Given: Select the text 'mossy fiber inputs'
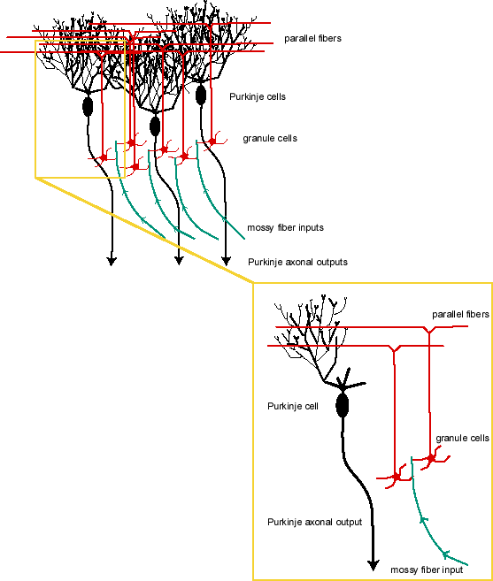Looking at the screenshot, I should click(285, 227).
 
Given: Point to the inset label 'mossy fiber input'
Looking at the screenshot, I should click(427, 570).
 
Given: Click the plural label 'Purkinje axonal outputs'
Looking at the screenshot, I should click(297, 262).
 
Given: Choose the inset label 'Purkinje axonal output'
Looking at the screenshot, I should click(314, 522).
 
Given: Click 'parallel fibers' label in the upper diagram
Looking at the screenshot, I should click(312, 39).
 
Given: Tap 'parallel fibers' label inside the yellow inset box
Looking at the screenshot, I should click(460, 314).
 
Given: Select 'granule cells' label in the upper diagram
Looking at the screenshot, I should click(270, 139).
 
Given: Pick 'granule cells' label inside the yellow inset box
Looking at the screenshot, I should click(462, 438).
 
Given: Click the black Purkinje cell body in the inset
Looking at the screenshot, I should click(343, 406).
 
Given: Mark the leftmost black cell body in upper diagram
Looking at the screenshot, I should click(88, 107).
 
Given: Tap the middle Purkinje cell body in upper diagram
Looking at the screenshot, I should click(155, 126).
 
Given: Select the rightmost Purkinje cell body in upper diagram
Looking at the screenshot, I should click(200, 94).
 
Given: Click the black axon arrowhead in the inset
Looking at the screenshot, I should click(373, 566).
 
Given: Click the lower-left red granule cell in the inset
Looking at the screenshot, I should click(396, 478).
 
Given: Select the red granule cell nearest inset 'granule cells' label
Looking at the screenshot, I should click(431, 458).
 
